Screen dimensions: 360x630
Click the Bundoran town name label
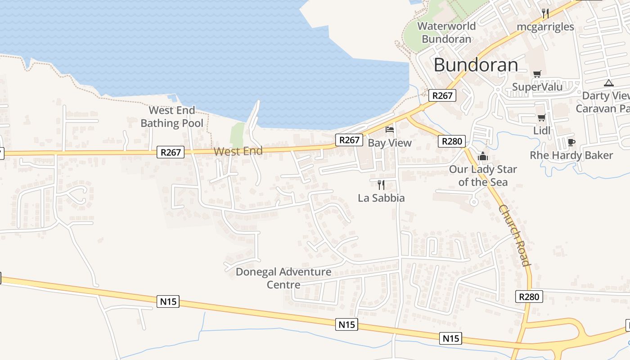point(476,65)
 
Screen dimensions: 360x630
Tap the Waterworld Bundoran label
point(446,32)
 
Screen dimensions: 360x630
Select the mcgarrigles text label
point(545,27)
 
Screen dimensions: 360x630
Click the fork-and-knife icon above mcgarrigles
point(545,13)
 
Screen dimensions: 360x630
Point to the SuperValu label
point(537,87)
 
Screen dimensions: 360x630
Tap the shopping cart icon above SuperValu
point(537,74)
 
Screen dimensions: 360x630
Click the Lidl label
point(542,130)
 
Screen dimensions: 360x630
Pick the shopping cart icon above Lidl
point(542,118)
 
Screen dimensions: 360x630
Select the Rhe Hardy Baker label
point(571,155)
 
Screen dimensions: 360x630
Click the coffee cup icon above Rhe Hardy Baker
point(571,142)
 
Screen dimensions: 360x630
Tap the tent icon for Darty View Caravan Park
point(609,83)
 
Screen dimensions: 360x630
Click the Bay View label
point(390,143)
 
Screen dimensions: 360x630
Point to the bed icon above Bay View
point(390,130)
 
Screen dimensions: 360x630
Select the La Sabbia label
point(381,198)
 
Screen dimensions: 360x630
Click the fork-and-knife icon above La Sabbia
point(381,184)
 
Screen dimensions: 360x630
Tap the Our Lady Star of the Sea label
point(483,175)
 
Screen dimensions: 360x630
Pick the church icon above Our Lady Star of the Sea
point(483,156)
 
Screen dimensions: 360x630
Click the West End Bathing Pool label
point(172,117)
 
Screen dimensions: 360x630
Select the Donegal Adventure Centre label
point(283,278)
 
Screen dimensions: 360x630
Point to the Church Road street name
point(514,235)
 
